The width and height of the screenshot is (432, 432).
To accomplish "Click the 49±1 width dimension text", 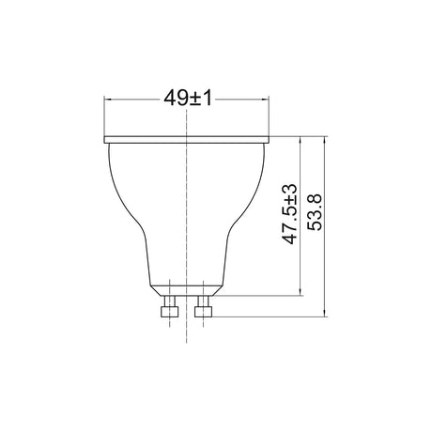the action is pyautogui.click(x=188, y=99).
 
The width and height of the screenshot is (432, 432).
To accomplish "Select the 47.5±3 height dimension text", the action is pyautogui.click(x=289, y=214).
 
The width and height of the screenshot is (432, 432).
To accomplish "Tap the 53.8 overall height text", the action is pyautogui.click(x=315, y=212).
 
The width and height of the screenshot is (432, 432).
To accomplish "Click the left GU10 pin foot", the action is pyautogui.click(x=169, y=312).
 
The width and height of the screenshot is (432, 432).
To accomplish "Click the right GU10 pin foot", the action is pyautogui.click(x=203, y=312).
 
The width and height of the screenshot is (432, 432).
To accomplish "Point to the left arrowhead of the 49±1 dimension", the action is pyautogui.click(x=108, y=100).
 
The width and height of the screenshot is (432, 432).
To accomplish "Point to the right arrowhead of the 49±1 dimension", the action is pyautogui.click(x=265, y=100).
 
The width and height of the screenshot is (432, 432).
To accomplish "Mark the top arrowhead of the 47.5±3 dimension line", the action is pyautogui.click(x=301, y=140).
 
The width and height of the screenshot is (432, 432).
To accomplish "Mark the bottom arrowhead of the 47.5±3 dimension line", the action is pyautogui.click(x=301, y=291).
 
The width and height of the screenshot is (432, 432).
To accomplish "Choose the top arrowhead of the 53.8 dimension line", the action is pyautogui.click(x=325, y=140).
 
